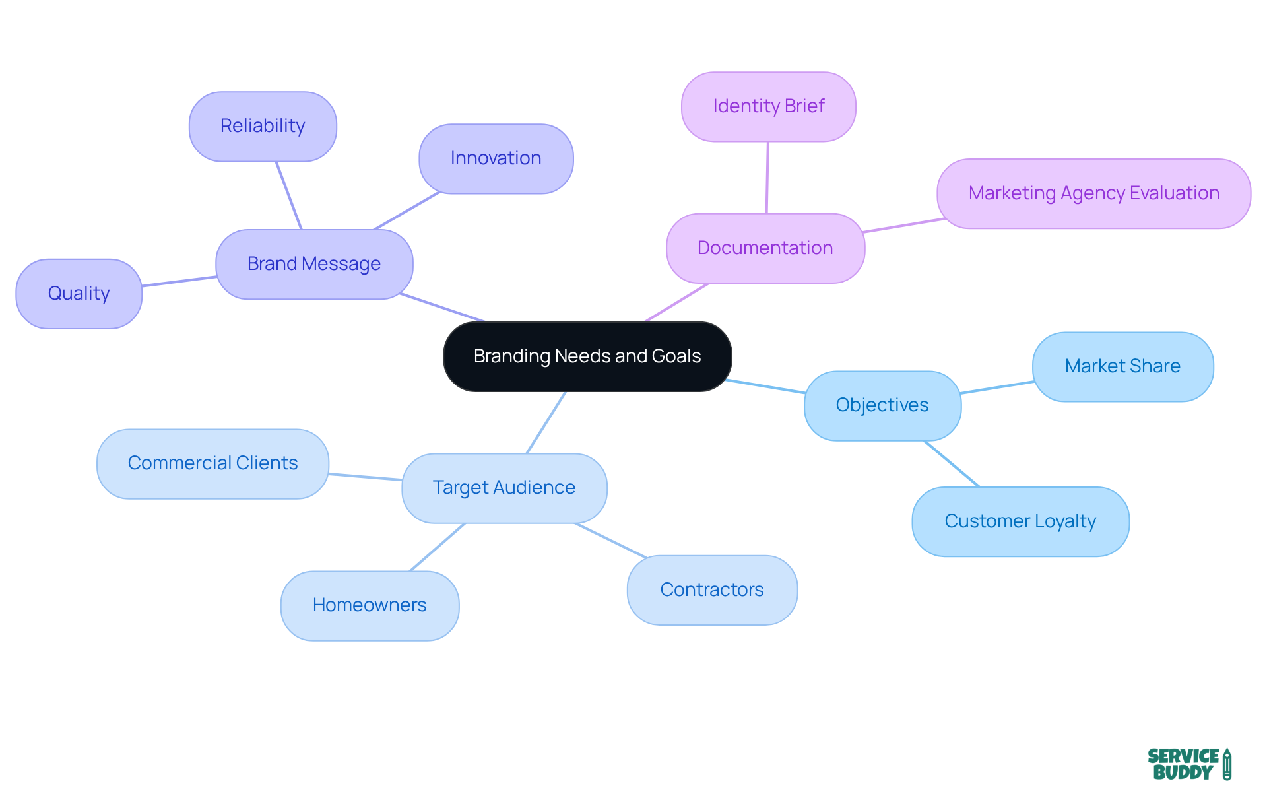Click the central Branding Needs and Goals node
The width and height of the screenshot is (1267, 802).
[x=587, y=356]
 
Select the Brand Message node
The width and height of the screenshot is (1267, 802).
[x=314, y=264]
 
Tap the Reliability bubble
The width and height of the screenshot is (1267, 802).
[x=263, y=126]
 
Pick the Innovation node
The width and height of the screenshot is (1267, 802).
[x=496, y=158]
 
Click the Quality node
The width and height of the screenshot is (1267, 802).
[x=79, y=293]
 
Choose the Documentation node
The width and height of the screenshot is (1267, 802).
[x=765, y=248]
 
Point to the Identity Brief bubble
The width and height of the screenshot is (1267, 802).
[x=768, y=106]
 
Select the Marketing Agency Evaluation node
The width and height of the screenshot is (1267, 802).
[x=1093, y=193]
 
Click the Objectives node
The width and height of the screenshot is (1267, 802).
[x=882, y=405]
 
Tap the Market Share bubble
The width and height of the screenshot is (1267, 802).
[x=1122, y=366]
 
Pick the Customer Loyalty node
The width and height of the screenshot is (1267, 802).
[x=1020, y=521]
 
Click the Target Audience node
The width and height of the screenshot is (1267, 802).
[x=504, y=488]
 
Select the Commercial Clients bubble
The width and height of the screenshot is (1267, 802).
[x=212, y=463]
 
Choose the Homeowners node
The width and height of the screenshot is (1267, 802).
[x=370, y=605]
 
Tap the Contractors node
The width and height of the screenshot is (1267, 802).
[x=712, y=590]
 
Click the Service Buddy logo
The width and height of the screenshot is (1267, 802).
[x=1188, y=764]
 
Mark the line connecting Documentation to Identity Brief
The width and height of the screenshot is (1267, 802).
[x=767, y=178]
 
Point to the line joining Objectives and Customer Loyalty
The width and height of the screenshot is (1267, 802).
[x=952, y=464]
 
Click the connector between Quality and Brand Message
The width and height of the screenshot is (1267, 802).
[x=179, y=281]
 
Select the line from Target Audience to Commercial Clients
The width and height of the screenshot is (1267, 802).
[x=365, y=477]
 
